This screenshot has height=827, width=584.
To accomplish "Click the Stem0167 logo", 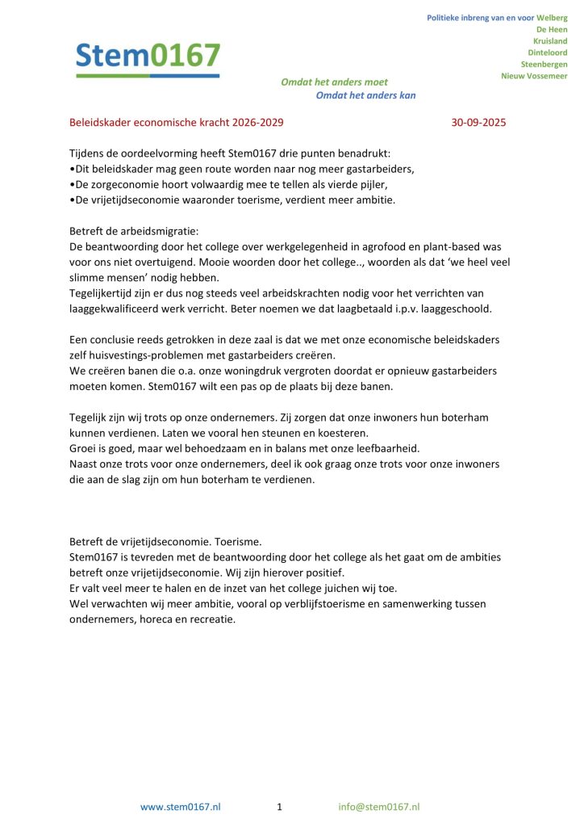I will (148, 57).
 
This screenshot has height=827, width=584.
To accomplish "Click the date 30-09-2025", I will (479, 124).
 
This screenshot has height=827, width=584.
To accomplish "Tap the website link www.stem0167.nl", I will (181, 807).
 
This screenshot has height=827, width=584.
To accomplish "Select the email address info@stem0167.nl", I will (379, 807).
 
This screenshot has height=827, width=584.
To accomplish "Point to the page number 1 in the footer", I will (279, 807).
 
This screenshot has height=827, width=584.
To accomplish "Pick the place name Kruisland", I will (550, 40).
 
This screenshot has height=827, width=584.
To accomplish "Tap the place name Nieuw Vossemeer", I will (534, 76).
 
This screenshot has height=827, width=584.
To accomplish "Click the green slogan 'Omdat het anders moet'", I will (334, 82).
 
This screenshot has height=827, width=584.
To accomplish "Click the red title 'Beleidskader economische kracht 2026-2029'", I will (177, 124).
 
